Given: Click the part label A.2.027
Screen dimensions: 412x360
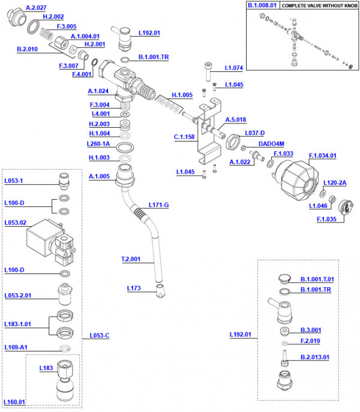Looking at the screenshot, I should tap(37, 8).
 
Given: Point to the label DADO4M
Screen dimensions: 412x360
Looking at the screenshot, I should tap(271, 144).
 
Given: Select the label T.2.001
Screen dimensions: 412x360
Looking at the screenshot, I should tap(130, 260).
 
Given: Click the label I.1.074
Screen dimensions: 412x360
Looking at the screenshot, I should tap(235, 68).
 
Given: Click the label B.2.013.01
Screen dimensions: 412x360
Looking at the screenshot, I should tap(315, 357).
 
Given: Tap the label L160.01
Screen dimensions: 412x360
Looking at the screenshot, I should tap(14, 402).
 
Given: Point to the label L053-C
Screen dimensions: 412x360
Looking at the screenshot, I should tap(99, 335).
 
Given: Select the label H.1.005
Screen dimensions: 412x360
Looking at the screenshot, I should tap(182, 95).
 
